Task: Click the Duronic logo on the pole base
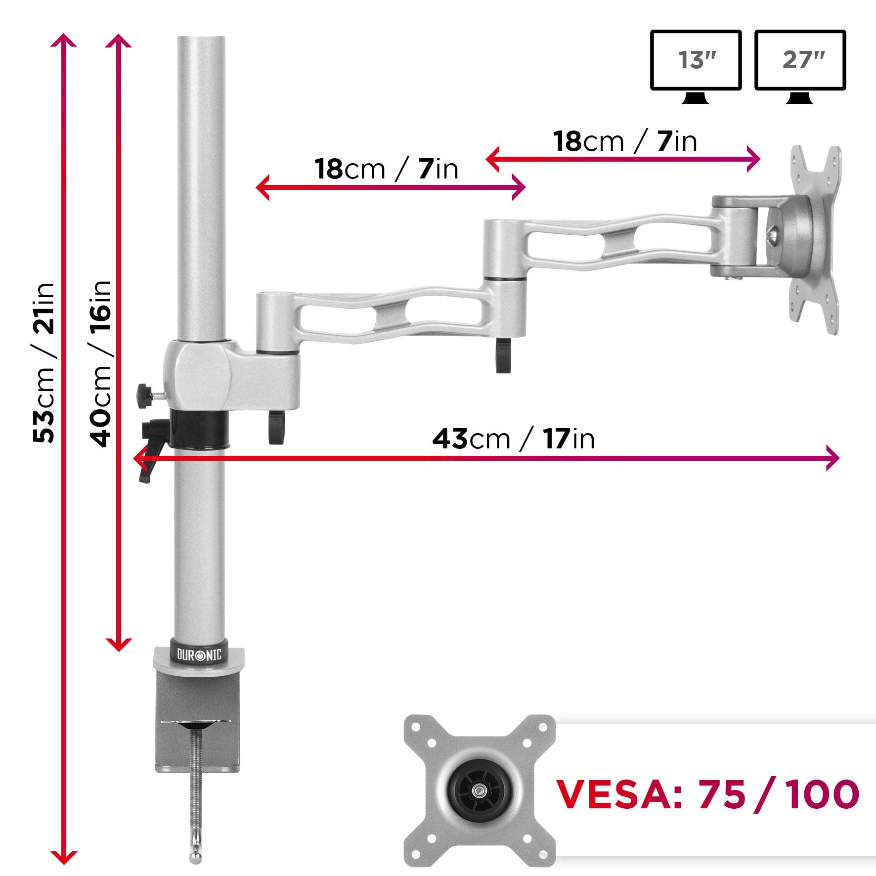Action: pyautogui.click(x=200, y=655)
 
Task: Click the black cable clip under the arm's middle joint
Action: pyautogui.click(x=502, y=354)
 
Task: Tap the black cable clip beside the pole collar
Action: pyautogui.click(x=277, y=426)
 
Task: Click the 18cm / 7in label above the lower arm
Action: pyautogui.click(x=387, y=169)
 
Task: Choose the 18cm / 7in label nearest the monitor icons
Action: pyautogui.click(x=625, y=141)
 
